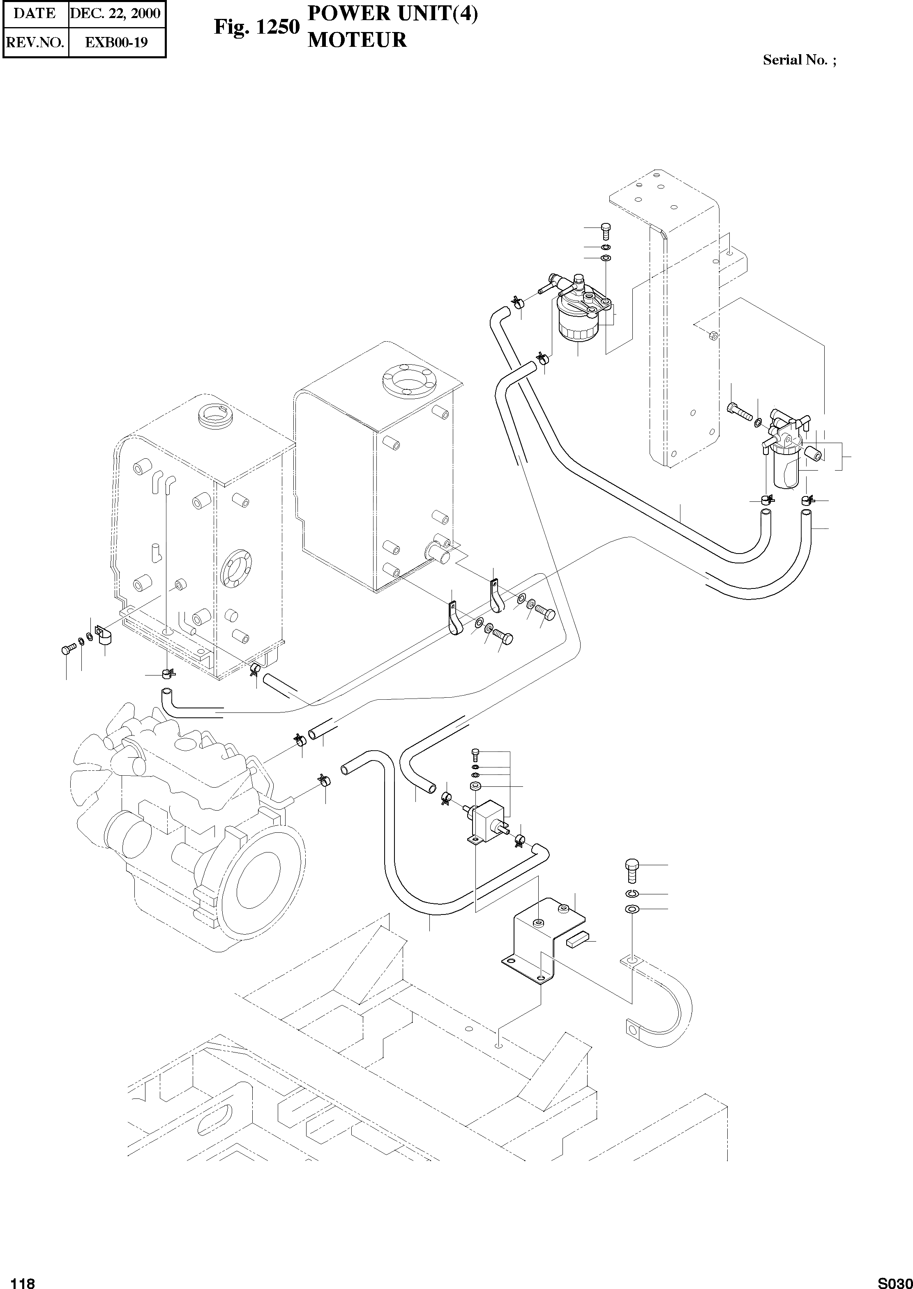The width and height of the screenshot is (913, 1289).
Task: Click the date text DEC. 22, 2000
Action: pyautogui.click(x=115, y=14)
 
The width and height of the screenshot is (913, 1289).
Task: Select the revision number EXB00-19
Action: pyautogui.click(x=116, y=43)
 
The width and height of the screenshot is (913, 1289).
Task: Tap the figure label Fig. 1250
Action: pyautogui.click(x=256, y=27)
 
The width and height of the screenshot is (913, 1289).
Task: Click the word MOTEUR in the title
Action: pyautogui.click(x=357, y=41)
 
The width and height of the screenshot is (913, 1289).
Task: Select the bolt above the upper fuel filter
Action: pyautogui.click(x=606, y=230)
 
